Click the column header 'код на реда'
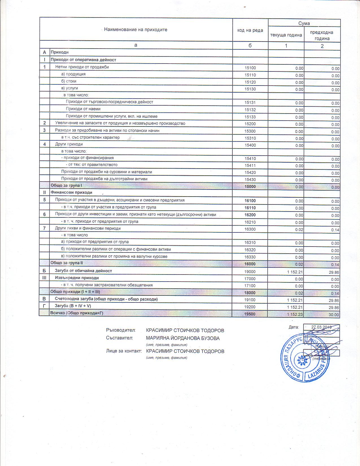[x=250, y=30]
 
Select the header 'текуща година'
[x=286, y=35]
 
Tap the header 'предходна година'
[x=322, y=36]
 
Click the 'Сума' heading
[x=304, y=23]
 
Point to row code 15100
[x=250, y=68]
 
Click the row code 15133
[x=250, y=117]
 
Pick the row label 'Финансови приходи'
[x=71, y=193]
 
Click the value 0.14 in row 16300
[x=335, y=230]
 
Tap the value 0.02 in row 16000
[x=299, y=264]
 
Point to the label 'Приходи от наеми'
[x=83, y=109]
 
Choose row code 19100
[x=250, y=300]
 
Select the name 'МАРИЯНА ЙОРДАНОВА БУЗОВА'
[x=183, y=338]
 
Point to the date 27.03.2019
[x=321, y=327]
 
